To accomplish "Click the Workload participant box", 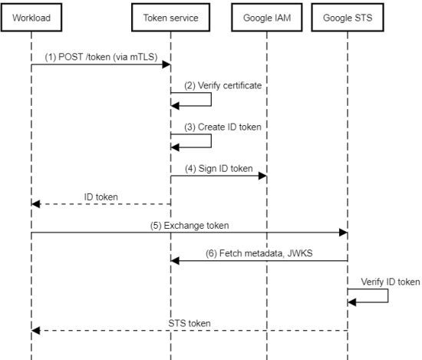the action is click(x=31, y=18).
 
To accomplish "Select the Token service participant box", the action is click(x=170, y=18).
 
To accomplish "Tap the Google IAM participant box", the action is click(x=267, y=18).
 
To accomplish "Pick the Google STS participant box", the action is click(x=348, y=18).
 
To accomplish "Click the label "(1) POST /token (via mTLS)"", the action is click(x=101, y=57).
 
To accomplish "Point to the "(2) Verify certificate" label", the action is click(x=223, y=86).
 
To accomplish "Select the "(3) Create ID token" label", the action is click(x=223, y=127).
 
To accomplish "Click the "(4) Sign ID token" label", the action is click(x=219, y=169).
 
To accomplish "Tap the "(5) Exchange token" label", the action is click(x=190, y=226).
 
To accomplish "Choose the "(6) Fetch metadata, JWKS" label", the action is click(x=259, y=253).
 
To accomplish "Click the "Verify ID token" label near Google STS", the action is click(x=391, y=282).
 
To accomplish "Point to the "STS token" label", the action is click(x=190, y=323).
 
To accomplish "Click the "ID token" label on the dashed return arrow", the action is click(x=101, y=197).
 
